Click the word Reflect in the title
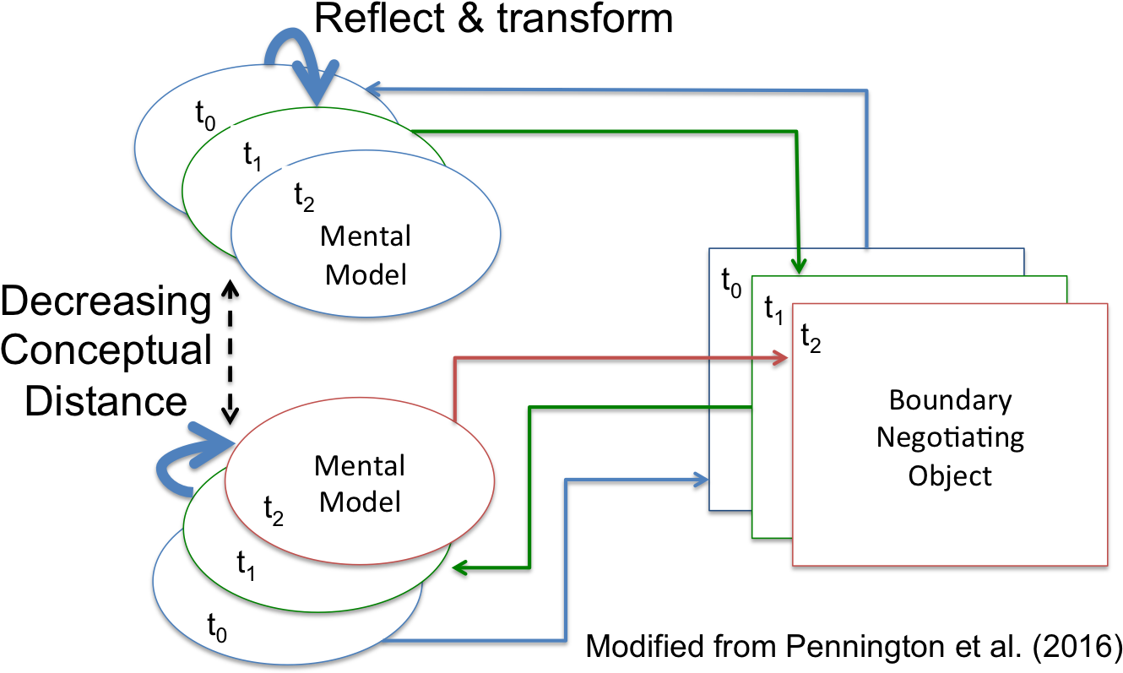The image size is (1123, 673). (379, 19)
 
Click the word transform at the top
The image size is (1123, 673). (585, 19)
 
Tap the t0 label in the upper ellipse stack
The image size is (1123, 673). (205, 115)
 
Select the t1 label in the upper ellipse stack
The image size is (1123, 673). (252, 156)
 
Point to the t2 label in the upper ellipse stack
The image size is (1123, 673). (304, 197)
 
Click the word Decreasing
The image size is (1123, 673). (106, 301)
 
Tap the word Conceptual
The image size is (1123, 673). (106, 350)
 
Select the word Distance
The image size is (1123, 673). (106, 401)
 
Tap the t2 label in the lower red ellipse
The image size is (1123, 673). (274, 511)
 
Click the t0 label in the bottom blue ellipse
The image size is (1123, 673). (217, 627)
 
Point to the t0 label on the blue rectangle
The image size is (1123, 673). (731, 283)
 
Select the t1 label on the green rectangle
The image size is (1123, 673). (773, 311)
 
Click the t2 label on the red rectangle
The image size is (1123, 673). (811, 338)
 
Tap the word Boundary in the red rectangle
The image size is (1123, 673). (951, 401)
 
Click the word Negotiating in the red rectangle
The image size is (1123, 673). (951, 438)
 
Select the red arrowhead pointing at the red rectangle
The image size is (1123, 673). (779, 357)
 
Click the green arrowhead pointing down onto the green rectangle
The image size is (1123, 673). (798, 266)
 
